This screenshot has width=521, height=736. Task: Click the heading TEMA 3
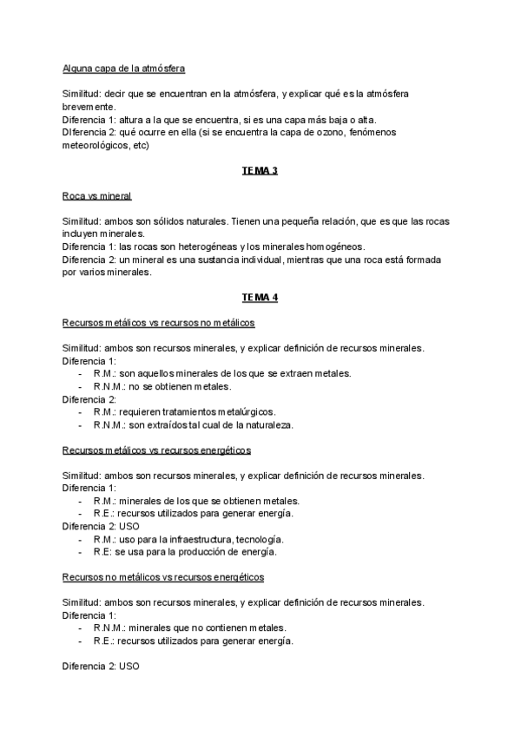(260, 171)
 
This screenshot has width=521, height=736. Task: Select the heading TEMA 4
(260, 298)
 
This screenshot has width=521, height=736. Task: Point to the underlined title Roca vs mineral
(97, 196)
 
